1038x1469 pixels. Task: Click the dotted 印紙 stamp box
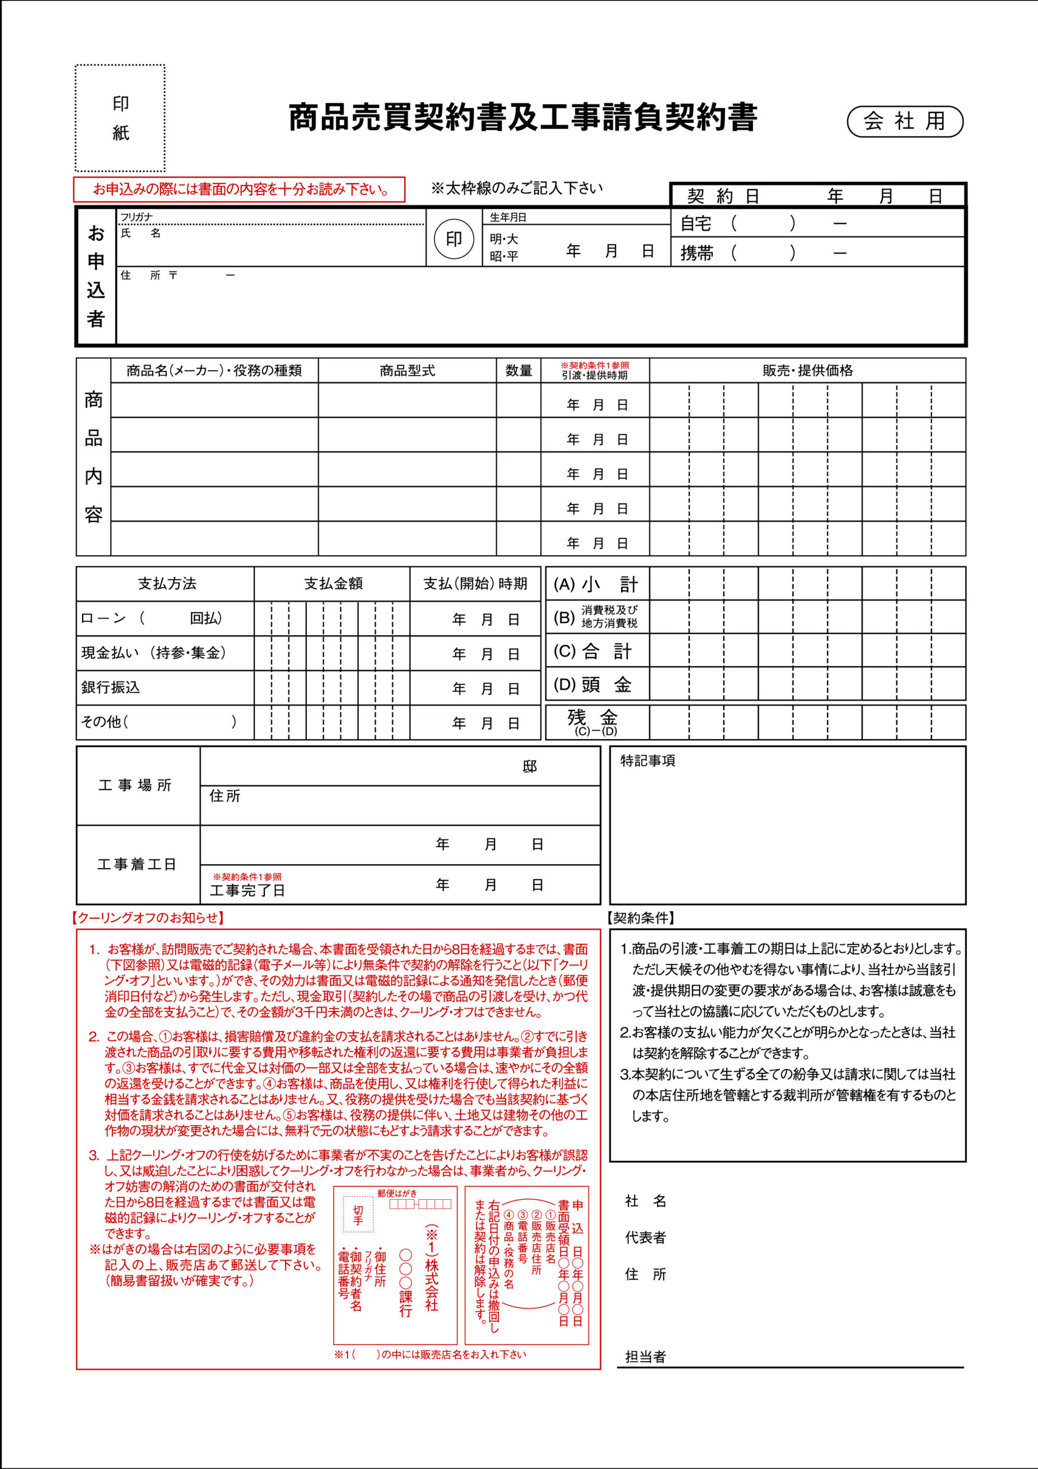(x=120, y=118)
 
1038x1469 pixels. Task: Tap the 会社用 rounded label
(x=904, y=121)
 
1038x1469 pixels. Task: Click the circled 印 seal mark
(x=454, y=239)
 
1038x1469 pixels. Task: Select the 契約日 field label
(x=723, y=196)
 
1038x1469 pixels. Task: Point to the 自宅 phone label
(x=696, y=223)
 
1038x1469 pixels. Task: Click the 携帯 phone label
(x=696, y=254)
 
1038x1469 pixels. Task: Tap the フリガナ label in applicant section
(x=136, y=217)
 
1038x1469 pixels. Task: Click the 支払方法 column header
(x=166, y=584)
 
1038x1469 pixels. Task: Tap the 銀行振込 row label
(x=111, y=687)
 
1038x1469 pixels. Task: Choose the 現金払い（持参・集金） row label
(x=154, y=652)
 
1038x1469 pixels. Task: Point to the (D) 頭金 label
(x=592, y=685)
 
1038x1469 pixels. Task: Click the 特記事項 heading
(x=647, y=761)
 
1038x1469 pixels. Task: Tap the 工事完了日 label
(x=248, y=890)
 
